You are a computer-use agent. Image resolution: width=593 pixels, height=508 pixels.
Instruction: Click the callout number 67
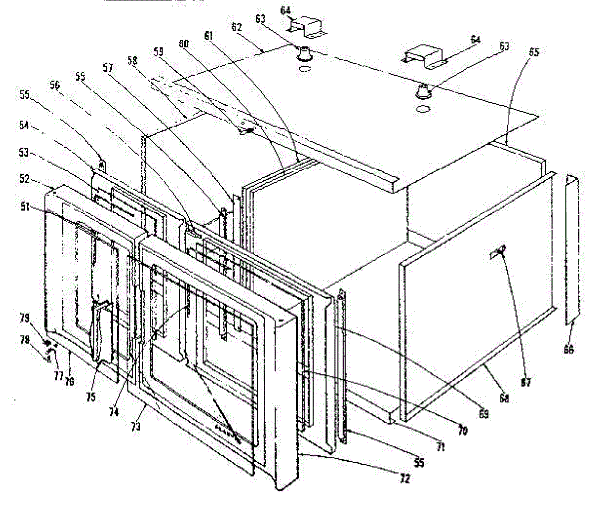click(x=526, y=382)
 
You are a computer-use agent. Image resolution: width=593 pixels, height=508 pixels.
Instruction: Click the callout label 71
click(x=440, y=447)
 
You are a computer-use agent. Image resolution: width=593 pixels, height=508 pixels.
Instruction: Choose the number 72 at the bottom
click(x=405, y=478)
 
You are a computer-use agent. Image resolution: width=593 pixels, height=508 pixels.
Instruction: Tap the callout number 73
click(x=136, y=425)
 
